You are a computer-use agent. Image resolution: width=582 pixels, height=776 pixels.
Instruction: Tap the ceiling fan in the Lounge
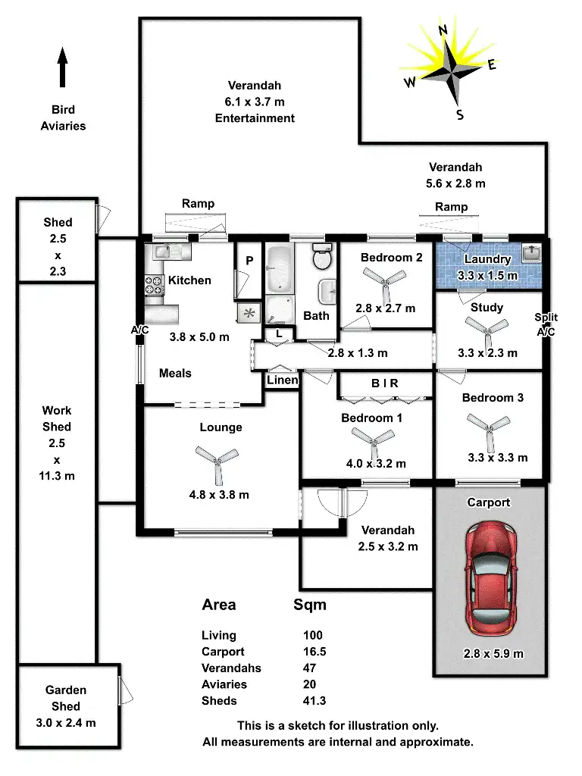pos(217,460)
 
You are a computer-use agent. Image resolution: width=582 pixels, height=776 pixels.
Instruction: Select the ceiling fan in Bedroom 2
pos(386,283)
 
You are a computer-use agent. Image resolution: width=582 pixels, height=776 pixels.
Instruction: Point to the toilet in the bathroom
pos(322,258)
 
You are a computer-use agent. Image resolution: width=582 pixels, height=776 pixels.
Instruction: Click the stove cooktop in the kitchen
pos(155,285)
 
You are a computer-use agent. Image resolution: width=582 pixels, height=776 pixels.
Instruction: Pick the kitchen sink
pos(163,251)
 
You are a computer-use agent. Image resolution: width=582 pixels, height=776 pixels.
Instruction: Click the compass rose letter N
pos(443,30)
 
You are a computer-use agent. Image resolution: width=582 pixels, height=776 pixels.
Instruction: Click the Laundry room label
pos(488,259)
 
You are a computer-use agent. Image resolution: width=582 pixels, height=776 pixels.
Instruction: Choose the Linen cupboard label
pos(283,380)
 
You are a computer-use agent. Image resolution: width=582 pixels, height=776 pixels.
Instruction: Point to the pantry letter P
pos(249,261)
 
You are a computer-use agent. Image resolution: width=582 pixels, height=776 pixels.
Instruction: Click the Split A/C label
pos(546,324)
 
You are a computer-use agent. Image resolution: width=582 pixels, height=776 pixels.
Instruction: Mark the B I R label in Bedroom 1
pos(385,383)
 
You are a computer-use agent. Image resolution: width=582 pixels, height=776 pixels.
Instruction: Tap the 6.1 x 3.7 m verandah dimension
pos(255,102)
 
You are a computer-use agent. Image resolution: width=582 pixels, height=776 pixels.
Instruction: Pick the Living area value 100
pos(312,636)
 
